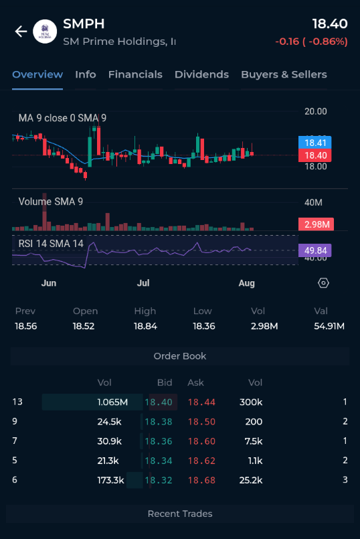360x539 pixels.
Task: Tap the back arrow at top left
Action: (x=21, y=31)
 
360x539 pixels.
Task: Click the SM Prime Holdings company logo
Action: (x=45, y=31)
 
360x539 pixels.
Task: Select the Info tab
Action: (x=86, y=74)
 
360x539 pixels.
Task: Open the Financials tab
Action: (x=135, y=74)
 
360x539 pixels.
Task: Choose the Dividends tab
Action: (x=201, y=74)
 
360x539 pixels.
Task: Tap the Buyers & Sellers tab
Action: (x=284, y=74)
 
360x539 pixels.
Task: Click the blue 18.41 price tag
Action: (x=315, y=143)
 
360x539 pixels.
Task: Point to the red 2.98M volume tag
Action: (x=316, y=224)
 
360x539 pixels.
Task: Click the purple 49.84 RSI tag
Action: (x=315, y=250)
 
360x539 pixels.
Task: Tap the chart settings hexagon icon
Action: (x=323, y=283)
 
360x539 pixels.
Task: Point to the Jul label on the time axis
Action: (x=143, y=283)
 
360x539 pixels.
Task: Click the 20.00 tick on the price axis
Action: (x=316, y=111)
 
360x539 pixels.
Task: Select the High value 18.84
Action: (x=145, y=326)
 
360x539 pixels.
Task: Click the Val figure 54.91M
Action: (x=329, y=326)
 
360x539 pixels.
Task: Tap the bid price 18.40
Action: (x=159, y=402)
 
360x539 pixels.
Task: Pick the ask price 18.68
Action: (x=201, y=480)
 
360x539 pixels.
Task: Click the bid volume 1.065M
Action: (x=112, y=402)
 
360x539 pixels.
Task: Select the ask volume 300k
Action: (x=251, y=402)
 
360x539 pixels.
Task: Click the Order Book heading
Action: (x=180, y=356)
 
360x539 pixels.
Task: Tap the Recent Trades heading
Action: (x=180, y=514)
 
